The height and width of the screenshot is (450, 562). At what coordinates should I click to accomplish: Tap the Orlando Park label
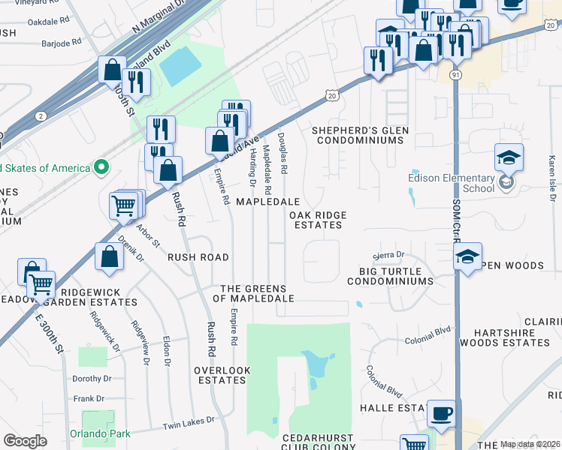click(x=100, y=433)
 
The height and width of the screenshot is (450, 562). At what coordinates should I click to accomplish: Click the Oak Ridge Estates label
click(x=319, y=220)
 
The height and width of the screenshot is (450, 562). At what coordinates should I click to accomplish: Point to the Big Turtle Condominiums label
click(x=390, y=275)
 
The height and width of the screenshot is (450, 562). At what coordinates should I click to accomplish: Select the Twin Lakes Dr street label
click(x=189, y=423)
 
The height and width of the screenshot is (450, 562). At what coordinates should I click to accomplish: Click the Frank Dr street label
click(x=89, y=398)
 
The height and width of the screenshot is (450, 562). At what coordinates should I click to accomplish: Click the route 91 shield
click(x=456, y=75)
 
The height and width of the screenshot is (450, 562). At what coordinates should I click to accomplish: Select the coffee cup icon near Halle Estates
click(x=441, y=413)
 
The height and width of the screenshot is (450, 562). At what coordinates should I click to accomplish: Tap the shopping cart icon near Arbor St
click(x=124, y=204)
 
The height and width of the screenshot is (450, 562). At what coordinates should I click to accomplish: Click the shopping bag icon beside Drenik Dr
click(x=110, y=257)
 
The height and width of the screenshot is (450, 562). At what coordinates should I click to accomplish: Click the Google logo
click(x=25, y=440)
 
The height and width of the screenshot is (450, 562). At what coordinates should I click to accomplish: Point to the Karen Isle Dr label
click(x=552, y=172)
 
